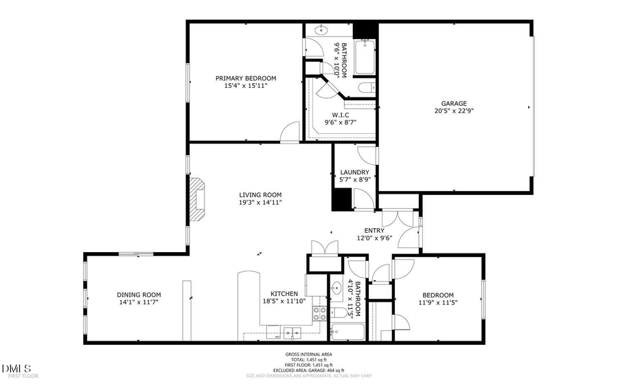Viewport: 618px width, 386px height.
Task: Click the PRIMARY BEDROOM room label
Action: coord(245,78)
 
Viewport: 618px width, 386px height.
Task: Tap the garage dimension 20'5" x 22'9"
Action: coord(455,111)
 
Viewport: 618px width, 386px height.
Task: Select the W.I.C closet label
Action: coord(341,115)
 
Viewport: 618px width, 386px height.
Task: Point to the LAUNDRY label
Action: coord(355,172)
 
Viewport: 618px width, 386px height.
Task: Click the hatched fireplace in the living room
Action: coord(198,200)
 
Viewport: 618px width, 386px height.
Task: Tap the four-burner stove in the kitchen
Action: coord(320,314)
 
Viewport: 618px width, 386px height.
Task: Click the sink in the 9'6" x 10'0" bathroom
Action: coord(321,31)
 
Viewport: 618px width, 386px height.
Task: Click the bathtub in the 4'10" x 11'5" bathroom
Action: coord(348,333)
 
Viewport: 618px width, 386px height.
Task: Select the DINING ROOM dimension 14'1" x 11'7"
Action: coord(139,302)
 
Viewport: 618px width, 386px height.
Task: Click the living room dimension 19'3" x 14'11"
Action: coord(260,203)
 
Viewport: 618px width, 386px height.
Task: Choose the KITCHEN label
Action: coord(283,293)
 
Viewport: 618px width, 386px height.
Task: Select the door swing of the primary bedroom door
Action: coord(291,133)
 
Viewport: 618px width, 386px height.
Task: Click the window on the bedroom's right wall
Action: coord(483,296)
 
